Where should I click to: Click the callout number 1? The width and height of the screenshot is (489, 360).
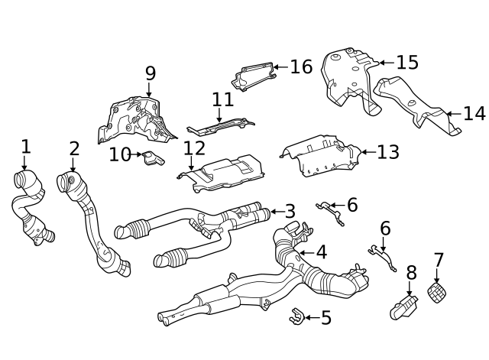(x=25, y=146)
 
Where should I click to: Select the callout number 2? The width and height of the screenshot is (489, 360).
(x=74, y=148)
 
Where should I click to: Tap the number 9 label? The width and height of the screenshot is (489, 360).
(x=150, y=74)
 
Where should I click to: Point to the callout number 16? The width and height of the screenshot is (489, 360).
(x=301, y=66)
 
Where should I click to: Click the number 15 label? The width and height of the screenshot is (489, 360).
(x=407, y=63)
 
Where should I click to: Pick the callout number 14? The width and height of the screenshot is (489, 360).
(x=474, y=114)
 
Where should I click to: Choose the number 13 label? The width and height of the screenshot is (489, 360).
(x=387, y=152)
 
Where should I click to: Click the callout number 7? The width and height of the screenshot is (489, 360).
(x=439, y=261)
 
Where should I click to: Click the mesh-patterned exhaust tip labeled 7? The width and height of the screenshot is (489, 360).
(x=438, y=292)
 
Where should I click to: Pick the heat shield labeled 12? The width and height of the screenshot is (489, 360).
(x=223, y=171)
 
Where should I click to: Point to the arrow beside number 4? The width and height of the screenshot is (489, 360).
(x=301, y=251)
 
